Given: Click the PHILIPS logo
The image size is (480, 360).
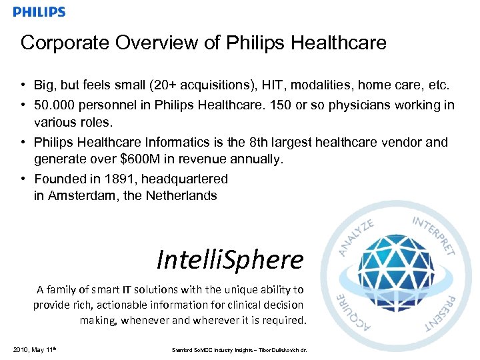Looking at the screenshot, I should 39,12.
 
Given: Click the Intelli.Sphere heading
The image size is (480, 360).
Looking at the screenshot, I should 230,259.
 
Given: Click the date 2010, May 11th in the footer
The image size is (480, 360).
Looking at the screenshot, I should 33,349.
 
